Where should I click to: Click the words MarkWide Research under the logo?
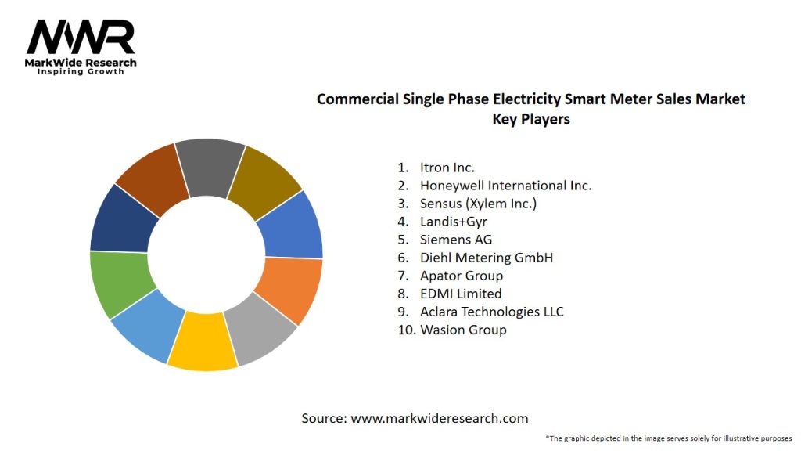(81, 63)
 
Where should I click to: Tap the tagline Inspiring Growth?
(81, 72)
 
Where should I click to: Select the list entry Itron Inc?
(447, 167)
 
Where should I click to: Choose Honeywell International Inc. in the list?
(505, 186)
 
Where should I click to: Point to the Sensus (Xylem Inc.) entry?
(478, 204)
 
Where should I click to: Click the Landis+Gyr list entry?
(453, 222)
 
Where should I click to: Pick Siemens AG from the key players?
(455, 240)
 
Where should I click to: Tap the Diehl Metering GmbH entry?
(486, 258)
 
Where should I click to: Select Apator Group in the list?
(461, 276)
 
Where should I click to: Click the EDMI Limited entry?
(460, 294)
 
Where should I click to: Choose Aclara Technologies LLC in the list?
(491, 312)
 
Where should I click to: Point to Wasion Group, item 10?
(462, 330)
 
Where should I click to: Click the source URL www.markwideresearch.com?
(440, 418)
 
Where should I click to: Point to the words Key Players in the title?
(531, 119)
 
